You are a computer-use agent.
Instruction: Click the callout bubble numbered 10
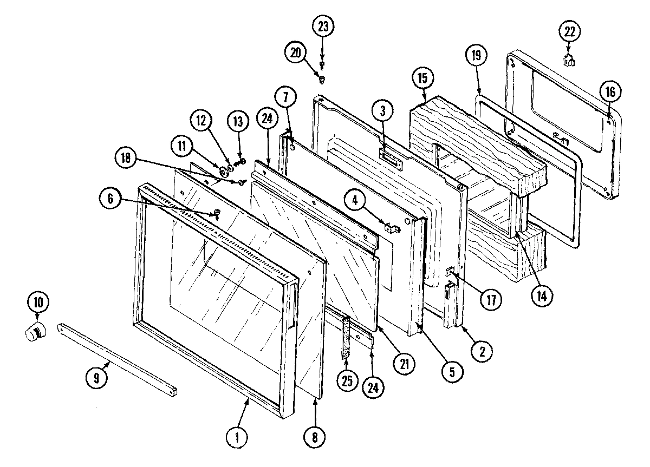(37, 302)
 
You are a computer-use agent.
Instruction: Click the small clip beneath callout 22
(569, 60)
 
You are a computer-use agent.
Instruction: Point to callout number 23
(322, 27)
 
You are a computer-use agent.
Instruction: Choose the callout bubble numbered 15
(422, 78)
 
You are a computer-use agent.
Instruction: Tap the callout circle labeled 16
(610, 92)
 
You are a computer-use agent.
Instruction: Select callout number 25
(347, 380)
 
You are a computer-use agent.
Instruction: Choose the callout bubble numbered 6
(110, 199)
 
